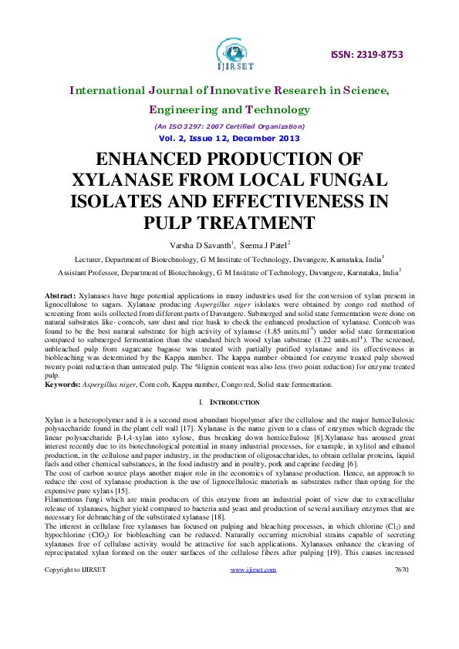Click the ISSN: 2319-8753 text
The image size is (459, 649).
(367, 55)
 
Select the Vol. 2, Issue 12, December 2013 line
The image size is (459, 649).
(229, 139)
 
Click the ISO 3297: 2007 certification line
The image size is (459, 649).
(229, 126)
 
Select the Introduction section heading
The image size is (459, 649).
(233, 402)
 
